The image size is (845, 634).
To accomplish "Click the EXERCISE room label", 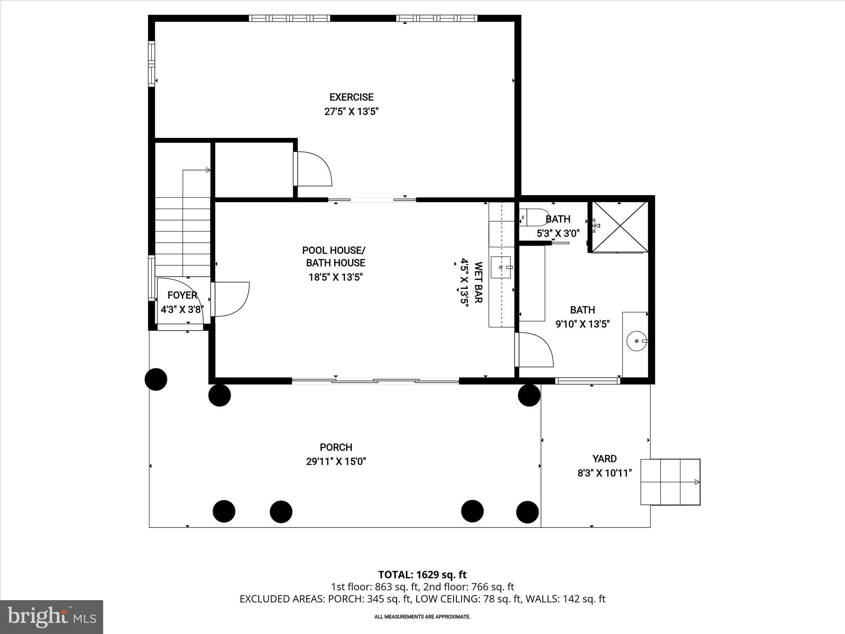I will pos(351,97).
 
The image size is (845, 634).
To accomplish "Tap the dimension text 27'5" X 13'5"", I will pos(351,111).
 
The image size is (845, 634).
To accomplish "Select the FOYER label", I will pos(182,295).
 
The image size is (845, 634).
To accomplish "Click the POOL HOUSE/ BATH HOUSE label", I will pos(334,256).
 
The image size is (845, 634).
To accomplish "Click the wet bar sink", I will pos(501,267).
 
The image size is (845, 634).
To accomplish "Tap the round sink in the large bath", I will pos(635,341).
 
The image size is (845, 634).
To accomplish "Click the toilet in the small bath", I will pos(534,217).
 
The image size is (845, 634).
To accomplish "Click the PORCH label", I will pos(336,447).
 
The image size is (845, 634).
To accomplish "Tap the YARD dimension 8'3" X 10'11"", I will pos(604,473).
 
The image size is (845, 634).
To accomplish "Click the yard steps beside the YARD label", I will pos(670,482).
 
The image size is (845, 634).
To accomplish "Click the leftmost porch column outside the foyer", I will pos(156,379).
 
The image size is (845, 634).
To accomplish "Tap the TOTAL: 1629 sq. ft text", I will pos(422,575).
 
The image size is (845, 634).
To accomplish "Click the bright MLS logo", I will pos(52,617).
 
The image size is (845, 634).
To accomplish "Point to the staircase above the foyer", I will pos(182,235).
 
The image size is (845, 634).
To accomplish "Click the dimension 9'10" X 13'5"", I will pos(582,324).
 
